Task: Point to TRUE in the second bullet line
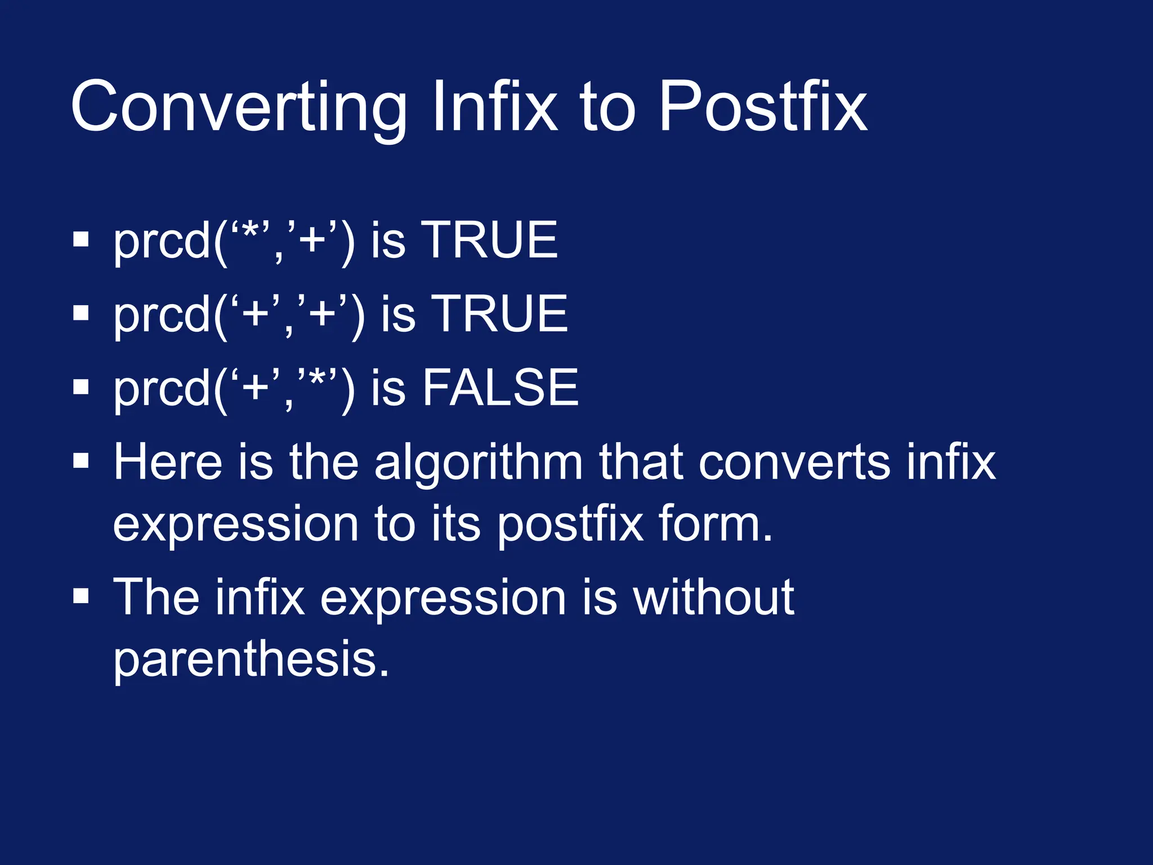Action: coord(502,314)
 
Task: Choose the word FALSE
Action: coord(500,387)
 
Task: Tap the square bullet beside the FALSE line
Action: coord(81,387)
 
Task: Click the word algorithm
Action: coord(478,463)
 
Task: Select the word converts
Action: coord(794,463)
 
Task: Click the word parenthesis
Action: coord(251,660)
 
